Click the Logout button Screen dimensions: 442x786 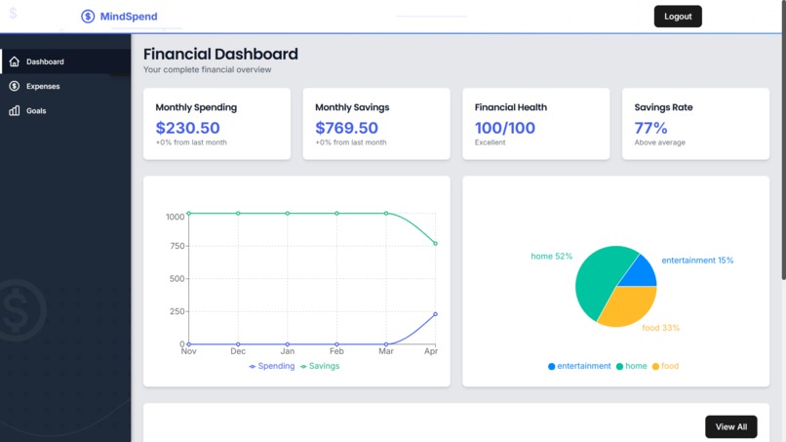click(677, 17)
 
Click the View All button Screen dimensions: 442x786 click(730, 426)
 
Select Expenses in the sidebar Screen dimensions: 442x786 click(43, 87)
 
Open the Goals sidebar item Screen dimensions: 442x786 click(36, 111)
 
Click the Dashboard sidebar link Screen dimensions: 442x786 click(45, 62)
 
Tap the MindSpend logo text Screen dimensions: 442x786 click(128, 17)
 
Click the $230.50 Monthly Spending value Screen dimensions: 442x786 click(187, 128)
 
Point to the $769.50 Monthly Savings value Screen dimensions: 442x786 click(346, 128)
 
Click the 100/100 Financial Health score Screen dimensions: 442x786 click(504, 128)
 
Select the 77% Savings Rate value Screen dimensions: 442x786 click(650, 128)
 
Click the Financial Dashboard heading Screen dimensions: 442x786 click(220, 55)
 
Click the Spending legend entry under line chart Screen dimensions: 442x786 click(272, 366)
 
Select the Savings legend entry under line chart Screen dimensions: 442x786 click(320, 366)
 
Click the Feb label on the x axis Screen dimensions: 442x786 click(336, 350)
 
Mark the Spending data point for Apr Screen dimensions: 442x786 click(435, 314)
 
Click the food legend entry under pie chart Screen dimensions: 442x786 click(665, 366)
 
